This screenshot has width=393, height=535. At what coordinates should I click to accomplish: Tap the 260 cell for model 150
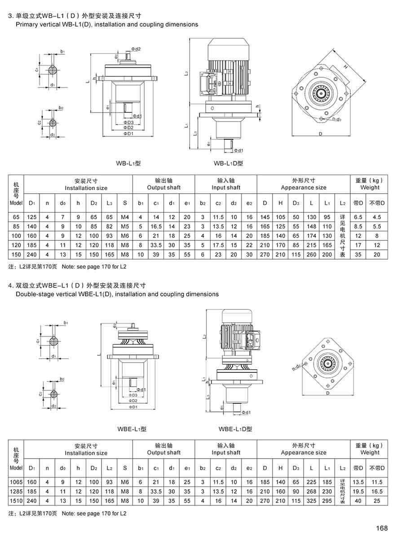tap(311, 254)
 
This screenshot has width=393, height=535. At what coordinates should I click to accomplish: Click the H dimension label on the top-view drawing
tap(346, 66)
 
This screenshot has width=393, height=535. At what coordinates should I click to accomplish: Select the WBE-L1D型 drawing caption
tap(235, 429)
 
